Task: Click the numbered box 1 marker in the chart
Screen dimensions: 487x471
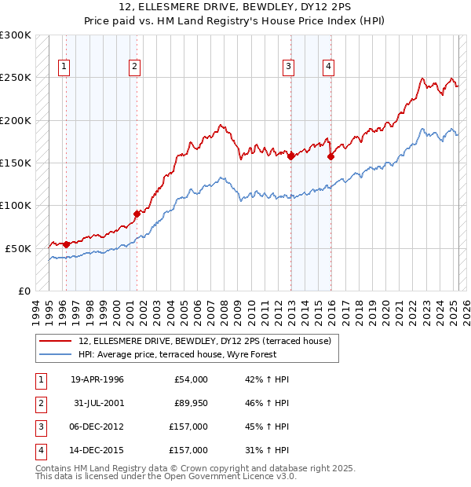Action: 63,67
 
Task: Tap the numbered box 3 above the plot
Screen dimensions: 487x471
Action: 289,67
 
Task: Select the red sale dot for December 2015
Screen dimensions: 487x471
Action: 330,156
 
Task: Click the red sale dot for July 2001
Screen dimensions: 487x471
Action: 137,213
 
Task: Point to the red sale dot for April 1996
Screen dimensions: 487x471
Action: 66,244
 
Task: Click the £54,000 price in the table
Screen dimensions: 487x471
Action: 189,379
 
